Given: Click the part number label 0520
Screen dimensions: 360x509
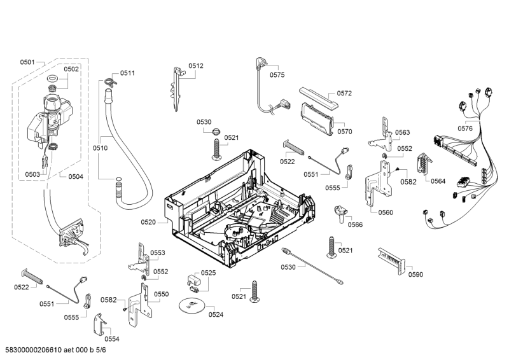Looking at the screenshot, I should pos(148,222).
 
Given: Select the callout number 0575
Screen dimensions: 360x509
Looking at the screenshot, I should pos(277,75).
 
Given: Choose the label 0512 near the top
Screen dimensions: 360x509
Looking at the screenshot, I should pos(196,66).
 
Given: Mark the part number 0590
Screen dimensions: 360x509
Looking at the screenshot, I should pos(415,274).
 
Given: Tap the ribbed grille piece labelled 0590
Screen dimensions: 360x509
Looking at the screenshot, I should pos(389,261).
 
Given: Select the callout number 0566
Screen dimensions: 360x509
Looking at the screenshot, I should pos(355,225).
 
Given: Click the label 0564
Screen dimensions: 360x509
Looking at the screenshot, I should pos(437,181).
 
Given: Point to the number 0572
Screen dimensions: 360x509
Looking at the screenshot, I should pos(344,93).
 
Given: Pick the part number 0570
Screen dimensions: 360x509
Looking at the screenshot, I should pos(345,132).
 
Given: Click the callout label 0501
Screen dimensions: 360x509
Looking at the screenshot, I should pos(27,62).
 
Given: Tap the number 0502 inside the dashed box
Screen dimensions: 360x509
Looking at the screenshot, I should pos(71,69).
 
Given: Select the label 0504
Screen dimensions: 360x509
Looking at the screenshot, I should pos(76,176).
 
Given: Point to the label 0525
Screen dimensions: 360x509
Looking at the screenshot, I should pos(208,273).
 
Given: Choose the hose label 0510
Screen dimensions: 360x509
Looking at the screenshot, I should pos(100,148).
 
